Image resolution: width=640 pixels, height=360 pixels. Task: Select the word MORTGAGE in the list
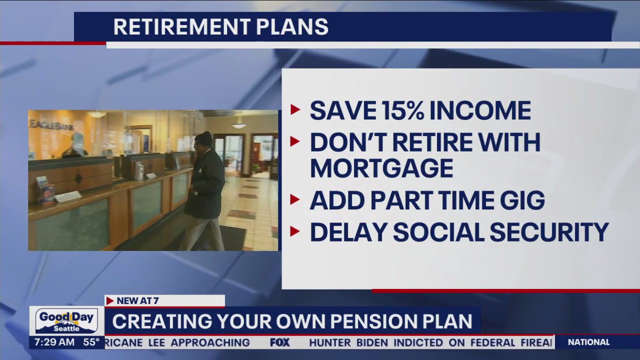click(381, 168)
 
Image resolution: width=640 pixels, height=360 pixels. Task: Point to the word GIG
click(520, 200)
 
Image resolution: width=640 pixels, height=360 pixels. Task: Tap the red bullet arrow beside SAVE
click(295, 110)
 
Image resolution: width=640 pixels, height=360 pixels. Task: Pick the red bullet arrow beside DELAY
click(295, 231)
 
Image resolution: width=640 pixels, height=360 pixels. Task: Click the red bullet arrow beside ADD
click(295, 200)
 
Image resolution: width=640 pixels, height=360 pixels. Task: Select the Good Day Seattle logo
click(66, 321)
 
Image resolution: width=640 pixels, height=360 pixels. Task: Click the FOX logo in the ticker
click(280, 342)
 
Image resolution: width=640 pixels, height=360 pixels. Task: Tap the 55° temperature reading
click(91, 342)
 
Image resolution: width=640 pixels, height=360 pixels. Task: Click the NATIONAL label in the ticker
click(588, 342)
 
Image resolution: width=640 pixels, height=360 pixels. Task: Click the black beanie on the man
click(203, 138)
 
